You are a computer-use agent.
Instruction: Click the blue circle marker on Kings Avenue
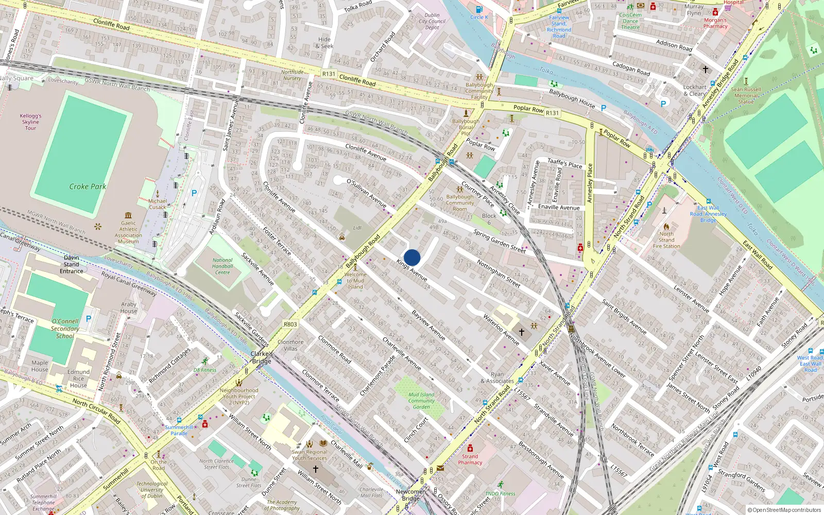click(412, 257)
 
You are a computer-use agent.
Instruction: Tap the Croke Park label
click(88, 186)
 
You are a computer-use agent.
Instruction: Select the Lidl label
click(357, 228)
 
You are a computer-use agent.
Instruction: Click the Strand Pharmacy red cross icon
click(470, 448)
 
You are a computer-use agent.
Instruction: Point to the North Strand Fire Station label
click(666, 240)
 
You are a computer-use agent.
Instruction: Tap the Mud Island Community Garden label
click(421, 401)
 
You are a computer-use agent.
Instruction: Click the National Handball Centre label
click(222, 266)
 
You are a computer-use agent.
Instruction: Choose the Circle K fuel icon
click(479, 9)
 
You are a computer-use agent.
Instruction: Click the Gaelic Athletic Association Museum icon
click(128, 215)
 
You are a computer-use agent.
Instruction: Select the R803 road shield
click(290, 324)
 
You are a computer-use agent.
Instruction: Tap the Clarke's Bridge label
click(262, 357)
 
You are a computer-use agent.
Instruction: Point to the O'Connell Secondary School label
click(65, 329)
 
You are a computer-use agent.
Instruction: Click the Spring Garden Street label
click(499, 241)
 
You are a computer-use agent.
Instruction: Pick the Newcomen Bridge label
click(411, 495)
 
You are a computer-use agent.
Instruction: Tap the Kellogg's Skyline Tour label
click(31, 122)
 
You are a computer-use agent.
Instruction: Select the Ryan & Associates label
click(497, 377)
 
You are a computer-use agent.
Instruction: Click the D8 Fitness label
click(205, 370)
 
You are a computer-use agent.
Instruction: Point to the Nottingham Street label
click(499, 273)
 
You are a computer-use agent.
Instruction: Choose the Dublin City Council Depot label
click(432, 21)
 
